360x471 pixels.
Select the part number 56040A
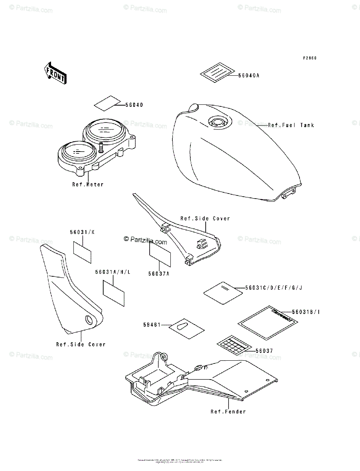pyautogui.click(x=249, y=76)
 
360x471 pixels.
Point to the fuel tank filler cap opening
pyautogui.click(x=217, y=121)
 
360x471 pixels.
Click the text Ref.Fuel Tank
pyautogui.click(x=291, y=125)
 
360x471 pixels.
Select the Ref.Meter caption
pyautogui.click(x=88, y=184)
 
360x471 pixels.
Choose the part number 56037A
pyautogui.click(x=159, y=274)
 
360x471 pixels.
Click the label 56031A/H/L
pyautogui.click(x=112, y=271)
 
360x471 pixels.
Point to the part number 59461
pyautogui.click(x=152, y=325)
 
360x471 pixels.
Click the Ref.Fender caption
pyautogui.click(x=228, y=411)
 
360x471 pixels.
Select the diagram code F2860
pyautogui.click(x=309, y=58)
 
